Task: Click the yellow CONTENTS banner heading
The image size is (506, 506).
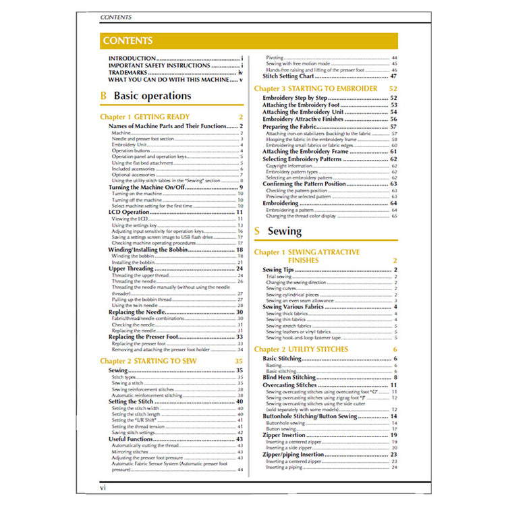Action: coord(128,40)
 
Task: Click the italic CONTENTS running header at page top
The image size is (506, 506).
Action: coord(115,17)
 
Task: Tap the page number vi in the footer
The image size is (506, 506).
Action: coord(103,486)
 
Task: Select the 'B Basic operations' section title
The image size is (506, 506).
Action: coord(146,96)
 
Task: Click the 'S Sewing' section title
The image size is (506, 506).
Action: coord(278,231)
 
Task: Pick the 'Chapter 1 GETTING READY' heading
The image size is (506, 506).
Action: coord(145,117)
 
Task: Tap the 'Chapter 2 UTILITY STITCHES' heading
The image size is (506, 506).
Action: coord(301,349)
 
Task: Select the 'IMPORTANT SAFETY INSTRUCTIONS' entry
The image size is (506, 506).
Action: coord(159,65)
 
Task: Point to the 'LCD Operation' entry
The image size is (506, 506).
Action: coord(129,212)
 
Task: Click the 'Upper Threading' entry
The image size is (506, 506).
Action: coord(132,269)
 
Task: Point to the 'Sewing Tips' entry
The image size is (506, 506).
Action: coord(277,269)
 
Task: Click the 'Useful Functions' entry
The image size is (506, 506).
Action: coord(131,439)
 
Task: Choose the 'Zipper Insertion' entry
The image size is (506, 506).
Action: coord(285,436)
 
